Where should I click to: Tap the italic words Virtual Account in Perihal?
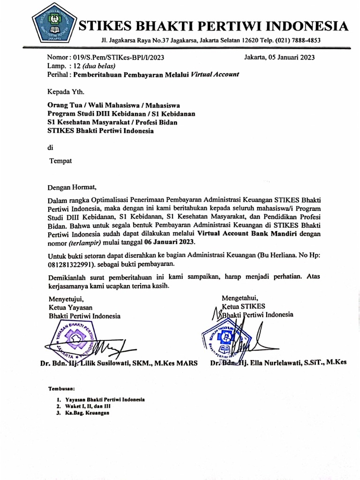(215, 74)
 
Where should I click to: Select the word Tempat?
(61, 161)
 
